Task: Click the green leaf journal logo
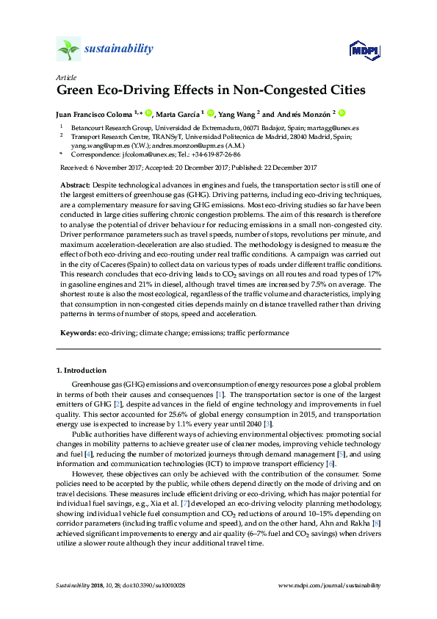click(x=68, y=49)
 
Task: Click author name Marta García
click(x=179, y=114)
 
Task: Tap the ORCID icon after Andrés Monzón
click(x=342, y=113)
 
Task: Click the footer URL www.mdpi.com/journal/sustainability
click(x=331, y=585)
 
